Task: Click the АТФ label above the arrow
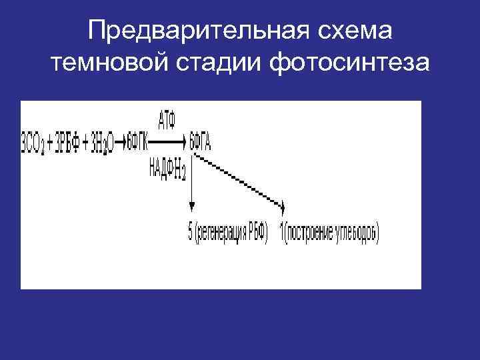[x=168, y=121]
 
